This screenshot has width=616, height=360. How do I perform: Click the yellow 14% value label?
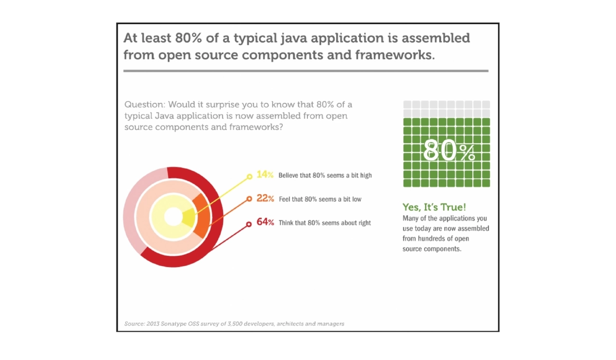[x=265, y=175]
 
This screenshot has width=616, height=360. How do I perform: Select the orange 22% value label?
[x=265, y=199]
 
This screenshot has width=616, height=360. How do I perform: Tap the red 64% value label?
[x=265, y=223]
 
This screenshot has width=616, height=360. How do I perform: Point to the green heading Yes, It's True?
[x=434, y=207]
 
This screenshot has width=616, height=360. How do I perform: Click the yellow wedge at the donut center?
[x=188, y=218]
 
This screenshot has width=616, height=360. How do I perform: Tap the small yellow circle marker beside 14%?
[x=249, y=177]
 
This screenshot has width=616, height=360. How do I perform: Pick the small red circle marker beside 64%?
[x=249, y=224]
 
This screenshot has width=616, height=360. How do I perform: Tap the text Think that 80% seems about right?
[x=324, y=223]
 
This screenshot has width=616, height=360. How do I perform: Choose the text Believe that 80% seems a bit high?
[x=325, y=175]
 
